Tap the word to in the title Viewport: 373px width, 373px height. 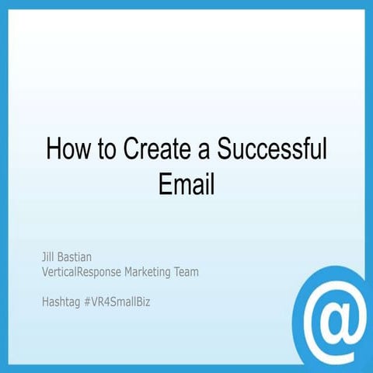109,147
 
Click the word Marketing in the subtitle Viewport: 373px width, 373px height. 158,271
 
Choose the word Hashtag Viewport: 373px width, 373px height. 61,300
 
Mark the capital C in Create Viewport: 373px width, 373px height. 134,147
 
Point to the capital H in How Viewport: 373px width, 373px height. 53,147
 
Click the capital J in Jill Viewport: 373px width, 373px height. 44,255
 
